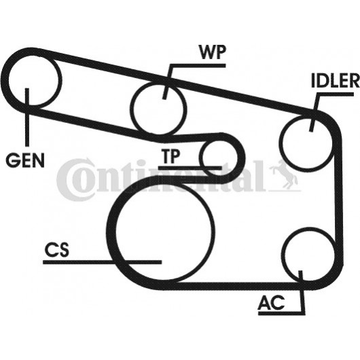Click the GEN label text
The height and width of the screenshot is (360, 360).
pyautogui.click(x=25, y=160)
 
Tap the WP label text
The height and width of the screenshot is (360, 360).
pyautogui.click(x=213, y=52)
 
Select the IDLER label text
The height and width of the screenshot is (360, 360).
pyautogui.click(x=335, y=80)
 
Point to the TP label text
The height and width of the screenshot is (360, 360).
pyautogui.click(x=170, y=156)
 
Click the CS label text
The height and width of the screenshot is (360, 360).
pyautogui.click(x=57, y=250)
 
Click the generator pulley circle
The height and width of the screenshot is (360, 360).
pyautogui.click(x=35, y=80)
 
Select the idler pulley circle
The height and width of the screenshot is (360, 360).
pyautogui.click(x=306, y=143)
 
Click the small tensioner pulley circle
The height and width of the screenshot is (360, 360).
pyautogui.click(x=218, y=158)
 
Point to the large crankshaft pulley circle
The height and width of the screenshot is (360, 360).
pyautogui.click(x=164, y=232)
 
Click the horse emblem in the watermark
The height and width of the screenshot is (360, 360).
pyautogui.click(x=284, y=175)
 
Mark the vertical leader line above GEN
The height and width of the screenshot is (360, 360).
pyautogui.click(x=27, y=117)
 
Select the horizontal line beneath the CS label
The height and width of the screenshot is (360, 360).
pyautogui.click(x=103, y=262)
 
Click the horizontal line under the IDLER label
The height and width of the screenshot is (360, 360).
pyautogui.click(x=336, y=94)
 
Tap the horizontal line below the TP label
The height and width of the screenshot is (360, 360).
pyautogui.click(x=190, y=168)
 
